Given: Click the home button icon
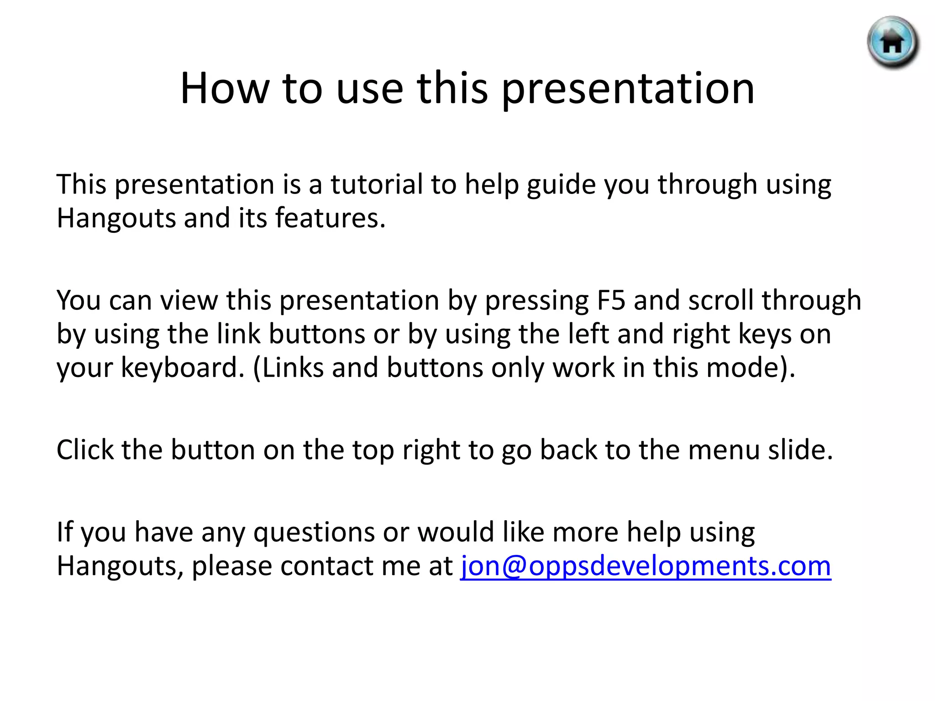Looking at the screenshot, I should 893,42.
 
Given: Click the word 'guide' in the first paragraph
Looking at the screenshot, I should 561,185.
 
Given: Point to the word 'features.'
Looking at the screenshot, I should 331,218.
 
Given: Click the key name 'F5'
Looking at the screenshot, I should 611,301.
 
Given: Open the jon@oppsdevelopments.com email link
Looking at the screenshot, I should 646,566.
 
